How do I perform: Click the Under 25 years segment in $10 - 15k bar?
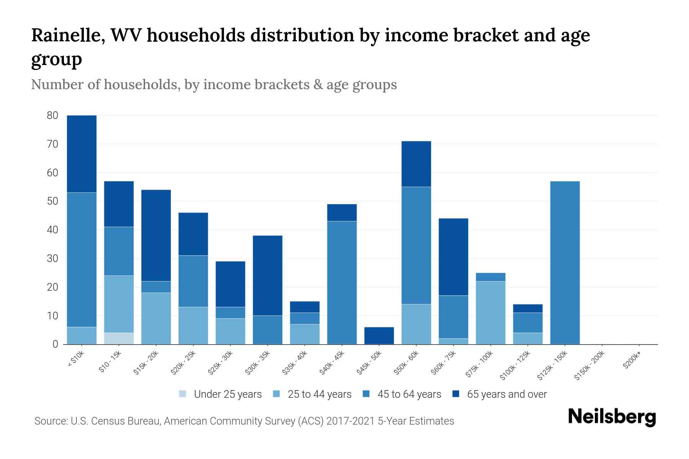click(x=119, y=339)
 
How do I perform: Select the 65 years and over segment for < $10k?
click(x=82, y=154)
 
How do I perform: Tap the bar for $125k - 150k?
click(x=565, y=263)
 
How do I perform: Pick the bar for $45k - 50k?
click(x=379, y=336)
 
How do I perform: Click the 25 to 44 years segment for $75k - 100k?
click(x=490, y=313)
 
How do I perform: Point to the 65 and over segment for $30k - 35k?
click(x=268, y=275)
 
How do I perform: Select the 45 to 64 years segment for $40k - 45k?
click(x=342, y=283)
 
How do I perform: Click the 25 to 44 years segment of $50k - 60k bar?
click(x=416, y=324)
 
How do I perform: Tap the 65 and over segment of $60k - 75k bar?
click(x=453, y=257)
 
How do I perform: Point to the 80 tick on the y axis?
click(x=52, y=116)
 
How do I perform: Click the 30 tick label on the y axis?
click(x=52, y=259)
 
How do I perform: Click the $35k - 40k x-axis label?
click(x=295, y=363)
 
